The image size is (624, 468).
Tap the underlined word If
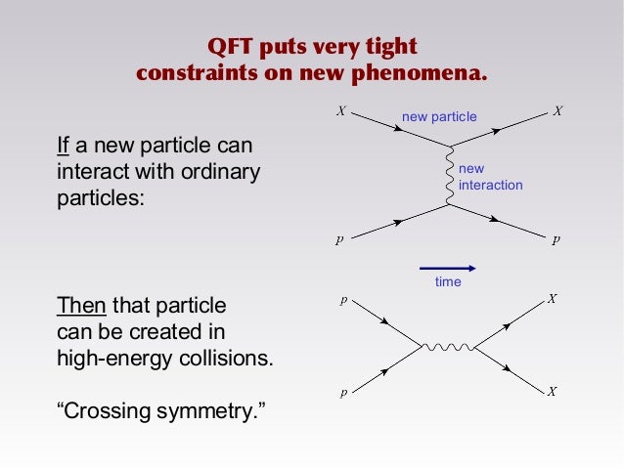pyautogui.click(x=63, y=147)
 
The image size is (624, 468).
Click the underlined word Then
pyautogui.click(x=83, y=304)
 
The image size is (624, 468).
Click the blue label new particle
pyautogui.click(x=439, y=117)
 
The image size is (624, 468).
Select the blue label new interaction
pyautogui.click(x=489, y=177)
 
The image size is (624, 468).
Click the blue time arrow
pyautogui.click(x=447, y=266)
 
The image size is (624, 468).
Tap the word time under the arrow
pyautogui.click(x=447, y=281)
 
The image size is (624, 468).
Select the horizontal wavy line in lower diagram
pyautogui.click(x=448, y=346)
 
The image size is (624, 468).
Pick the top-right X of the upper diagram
pyautogui.click(x=557, y=111)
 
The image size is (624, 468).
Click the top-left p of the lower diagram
pyautogui.click(x=342, y=301)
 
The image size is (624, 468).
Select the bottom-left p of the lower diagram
pyautogui.click(x=342, y=393)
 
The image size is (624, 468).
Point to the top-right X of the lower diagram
pyautogui.click(x=553, y=299)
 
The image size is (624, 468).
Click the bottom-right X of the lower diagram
pyautogui.click(x=553, y=392)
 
